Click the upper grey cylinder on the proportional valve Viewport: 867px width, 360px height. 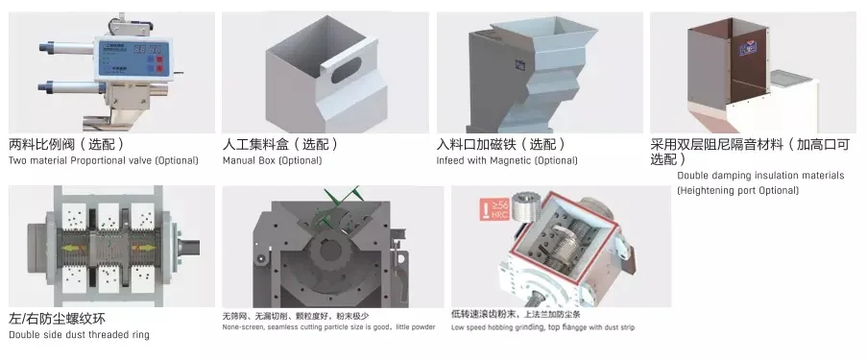[63, 44]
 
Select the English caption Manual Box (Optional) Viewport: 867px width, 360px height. [272, 160]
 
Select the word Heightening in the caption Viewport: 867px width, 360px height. [707, 190]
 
